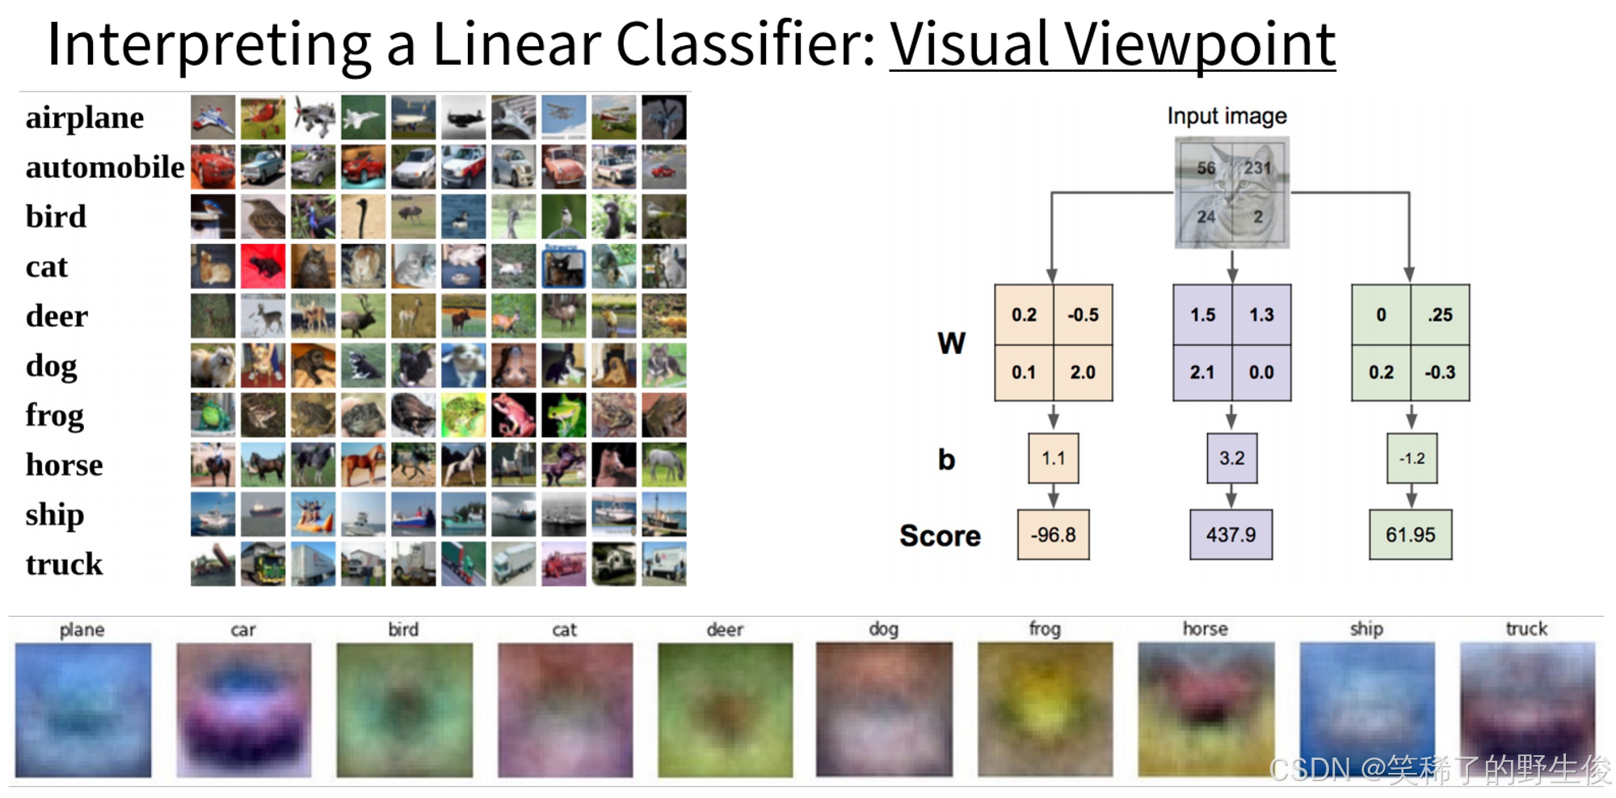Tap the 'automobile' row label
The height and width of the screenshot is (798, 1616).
(105, 167)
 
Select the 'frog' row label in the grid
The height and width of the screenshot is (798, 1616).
(54, 416)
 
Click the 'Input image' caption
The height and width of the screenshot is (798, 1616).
(1227, 116)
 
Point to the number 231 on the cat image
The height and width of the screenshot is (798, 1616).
(1257, 167)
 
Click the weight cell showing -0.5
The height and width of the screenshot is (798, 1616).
(1083, 315)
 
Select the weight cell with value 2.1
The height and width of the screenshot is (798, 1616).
(1201, 373)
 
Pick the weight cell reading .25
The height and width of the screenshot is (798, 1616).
(1440, 315)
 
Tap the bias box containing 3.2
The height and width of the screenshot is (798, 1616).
(1231, 458)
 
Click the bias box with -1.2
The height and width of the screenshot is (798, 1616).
(1412, 458)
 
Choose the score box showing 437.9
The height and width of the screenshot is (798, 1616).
(1231, 534)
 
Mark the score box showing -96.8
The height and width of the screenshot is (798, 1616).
(1053, 534)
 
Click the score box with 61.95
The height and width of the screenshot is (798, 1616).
(1410, 534)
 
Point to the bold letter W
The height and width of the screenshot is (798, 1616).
(951, 344)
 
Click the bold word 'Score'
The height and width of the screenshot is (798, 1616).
(940, 536)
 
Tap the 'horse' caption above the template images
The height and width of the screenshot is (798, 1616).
(1205, 629)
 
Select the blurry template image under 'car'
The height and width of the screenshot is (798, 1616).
(243, 710)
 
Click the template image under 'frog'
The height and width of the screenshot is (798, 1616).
(1045, 710)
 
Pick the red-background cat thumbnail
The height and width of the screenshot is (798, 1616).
(263, 266)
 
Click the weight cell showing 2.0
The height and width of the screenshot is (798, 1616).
(1083, 373)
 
